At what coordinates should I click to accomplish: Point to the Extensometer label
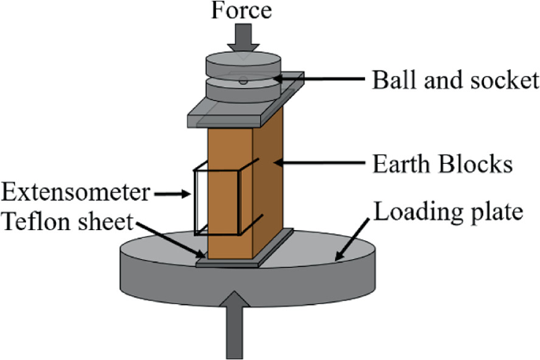tap(76, 191)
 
